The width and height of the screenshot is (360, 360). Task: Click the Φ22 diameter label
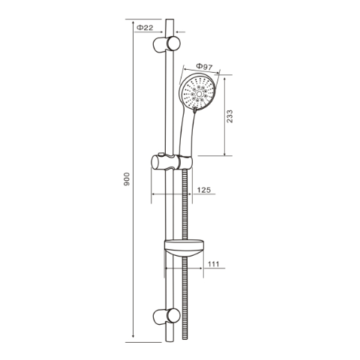point(146,28)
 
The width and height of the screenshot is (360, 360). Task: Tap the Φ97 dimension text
point(202,67)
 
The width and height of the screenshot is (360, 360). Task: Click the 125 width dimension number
point(203,190)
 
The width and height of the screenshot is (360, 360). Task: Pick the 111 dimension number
point(212,264)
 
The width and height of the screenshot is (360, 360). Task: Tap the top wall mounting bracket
point(164,44)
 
